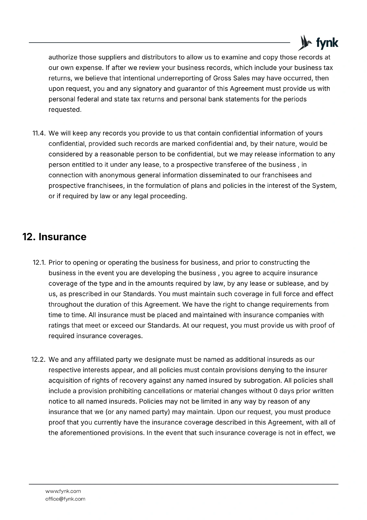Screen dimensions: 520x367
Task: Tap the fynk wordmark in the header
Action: (327, 43)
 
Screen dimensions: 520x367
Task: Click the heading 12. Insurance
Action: (54, 237)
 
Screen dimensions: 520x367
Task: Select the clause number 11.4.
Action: (40, 133)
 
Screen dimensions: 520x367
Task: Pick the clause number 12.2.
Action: (40, 360)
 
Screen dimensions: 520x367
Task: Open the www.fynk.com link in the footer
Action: (63, 491)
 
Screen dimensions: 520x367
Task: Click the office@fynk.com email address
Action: (65, 499)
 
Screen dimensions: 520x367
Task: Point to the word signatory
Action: (147, 89)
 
